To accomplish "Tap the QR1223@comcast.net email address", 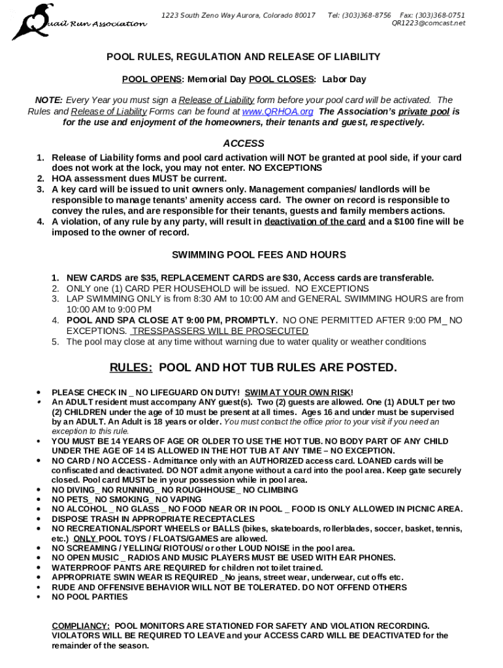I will (428, 23).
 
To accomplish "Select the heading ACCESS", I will (244, 144).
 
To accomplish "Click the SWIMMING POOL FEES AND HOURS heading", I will (259, 254).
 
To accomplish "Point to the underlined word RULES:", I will (131, 368).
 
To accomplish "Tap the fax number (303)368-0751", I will (442, 15).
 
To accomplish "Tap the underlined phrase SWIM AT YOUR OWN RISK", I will (298, 393).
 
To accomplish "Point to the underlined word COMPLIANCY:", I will (80, 626).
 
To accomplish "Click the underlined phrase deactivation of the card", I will (314, 222).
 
